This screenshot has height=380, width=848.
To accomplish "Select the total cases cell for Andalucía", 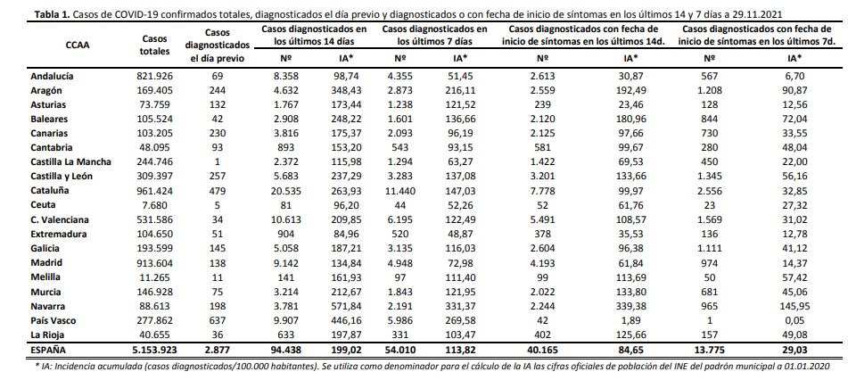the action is [x=155, y=77].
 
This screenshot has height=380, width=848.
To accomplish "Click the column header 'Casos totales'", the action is [x=155, y=45].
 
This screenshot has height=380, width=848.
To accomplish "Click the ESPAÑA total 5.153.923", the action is [x=155, y=351].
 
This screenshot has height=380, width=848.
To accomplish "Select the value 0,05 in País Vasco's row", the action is [x=802, y=320].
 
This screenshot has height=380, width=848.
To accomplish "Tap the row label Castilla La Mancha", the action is [x=70, y=162].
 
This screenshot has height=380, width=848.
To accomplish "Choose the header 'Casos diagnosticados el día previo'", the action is [x=220, y=45].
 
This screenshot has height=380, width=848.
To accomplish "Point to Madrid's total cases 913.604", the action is [x=155, y=263].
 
